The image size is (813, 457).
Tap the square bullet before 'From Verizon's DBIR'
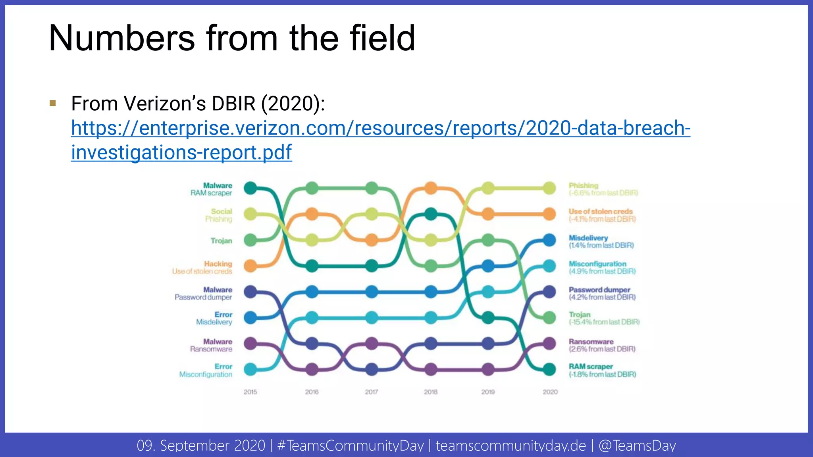point(53,104)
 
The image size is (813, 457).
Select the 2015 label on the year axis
point(250,392)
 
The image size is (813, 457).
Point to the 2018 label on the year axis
point(430,392)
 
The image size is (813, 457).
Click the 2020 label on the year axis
point(550,392)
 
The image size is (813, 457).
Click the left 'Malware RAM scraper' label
point(211,189)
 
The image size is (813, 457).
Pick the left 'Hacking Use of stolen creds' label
point(202,267)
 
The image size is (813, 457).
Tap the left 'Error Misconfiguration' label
point(206,371)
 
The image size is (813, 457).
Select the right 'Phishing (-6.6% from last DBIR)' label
point(603,189)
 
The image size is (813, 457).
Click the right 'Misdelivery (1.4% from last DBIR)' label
point(601,242)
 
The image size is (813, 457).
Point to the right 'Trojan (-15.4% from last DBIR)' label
point(603,318)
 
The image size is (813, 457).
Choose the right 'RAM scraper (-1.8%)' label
point(602,371)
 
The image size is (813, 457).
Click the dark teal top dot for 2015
point(250,188)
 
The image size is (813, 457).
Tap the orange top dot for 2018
point(431,188)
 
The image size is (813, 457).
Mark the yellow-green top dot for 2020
point(549,188)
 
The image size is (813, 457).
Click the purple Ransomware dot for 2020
point(549,344)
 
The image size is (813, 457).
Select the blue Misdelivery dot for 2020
point(549,240)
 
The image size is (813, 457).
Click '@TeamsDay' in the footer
point(637,445)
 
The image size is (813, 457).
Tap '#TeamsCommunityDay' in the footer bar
point(351,445)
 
